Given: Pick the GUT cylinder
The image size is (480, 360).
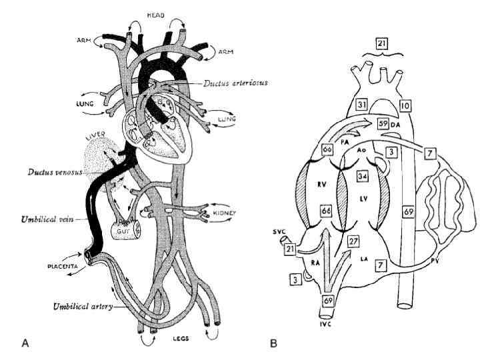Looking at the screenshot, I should pyautogui.click(x=125, y=231).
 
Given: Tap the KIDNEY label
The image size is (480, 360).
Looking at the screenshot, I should pyautogui.click(x=225, y=213).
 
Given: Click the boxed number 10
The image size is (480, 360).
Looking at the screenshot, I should pyautogui.click(x=407, y=105).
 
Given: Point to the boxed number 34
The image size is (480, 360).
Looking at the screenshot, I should pyautogui.click(x=363, y=176).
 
